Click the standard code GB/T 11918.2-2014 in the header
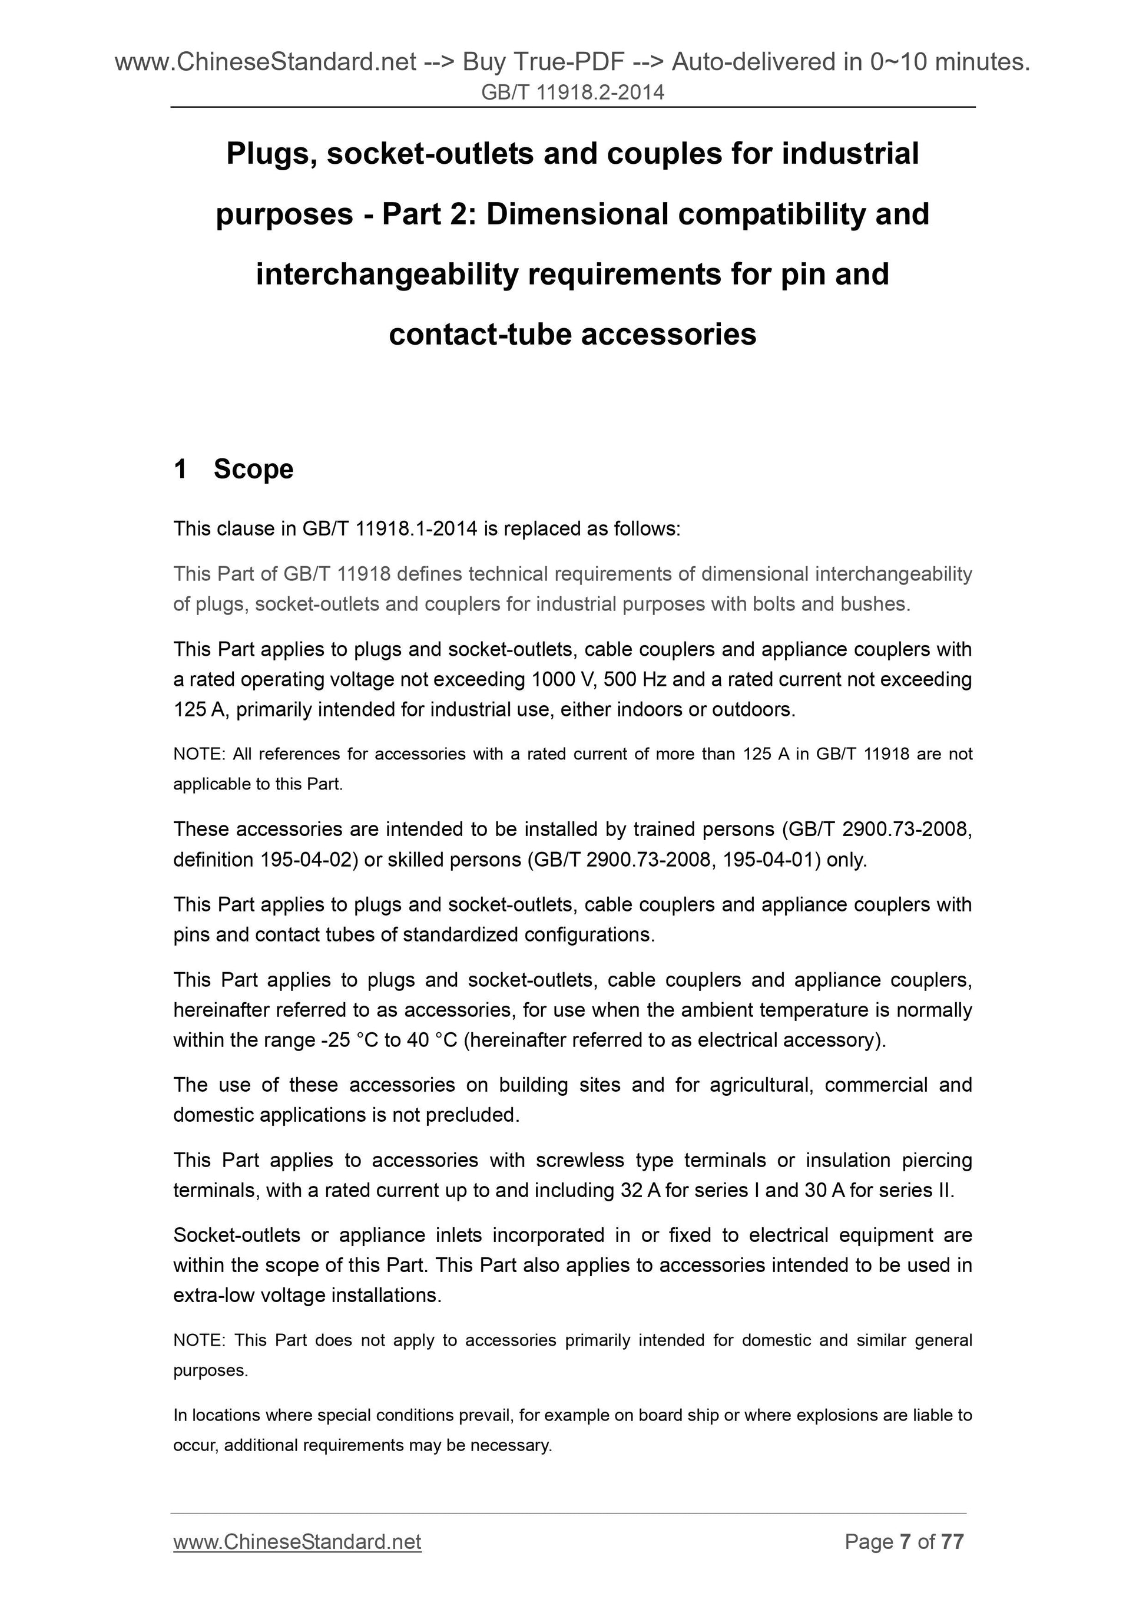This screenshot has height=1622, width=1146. click(x=572, y=92)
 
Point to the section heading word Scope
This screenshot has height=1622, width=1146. click(x=253, y=469)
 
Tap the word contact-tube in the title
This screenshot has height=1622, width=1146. click(x=480, y=334)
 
